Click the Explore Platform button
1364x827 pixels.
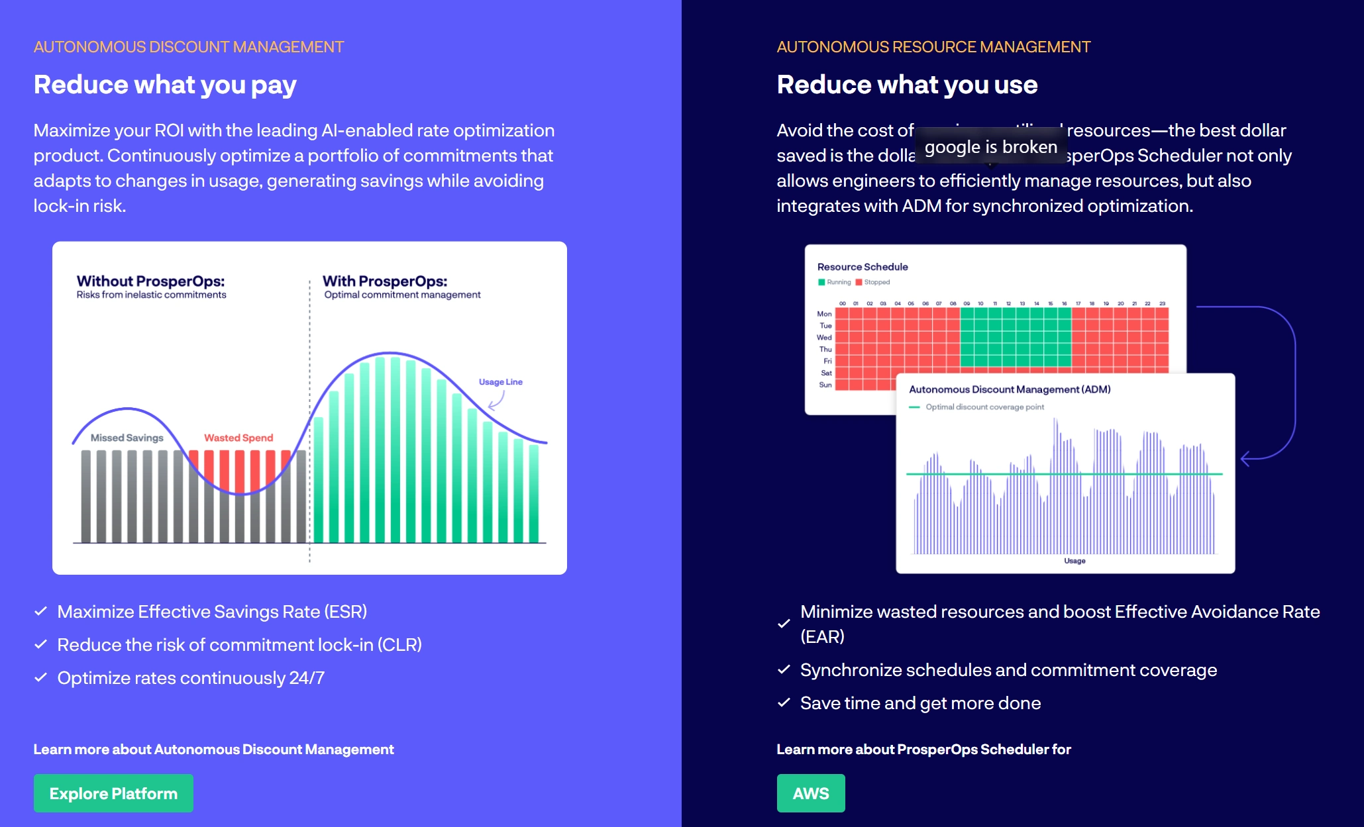[113, 793]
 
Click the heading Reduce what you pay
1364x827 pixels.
[165, 85]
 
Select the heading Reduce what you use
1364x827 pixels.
[907, 85]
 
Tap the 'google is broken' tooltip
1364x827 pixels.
[990, 147]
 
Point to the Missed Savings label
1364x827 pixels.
[127, 438]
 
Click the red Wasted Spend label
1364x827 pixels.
[238, 438]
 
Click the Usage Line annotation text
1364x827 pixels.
[500, 382]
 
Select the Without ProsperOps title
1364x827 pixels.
[150, 281]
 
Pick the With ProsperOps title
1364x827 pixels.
[385, 281]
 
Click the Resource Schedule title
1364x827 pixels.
[863, 267]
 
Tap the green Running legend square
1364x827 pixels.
[821, 282]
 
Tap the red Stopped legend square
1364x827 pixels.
[859, 282]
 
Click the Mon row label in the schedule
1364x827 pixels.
[824, 314]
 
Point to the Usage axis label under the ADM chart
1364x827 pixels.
[1075, 561]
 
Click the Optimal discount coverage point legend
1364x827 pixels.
[984, 407]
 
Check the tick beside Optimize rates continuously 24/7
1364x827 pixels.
[40, 677]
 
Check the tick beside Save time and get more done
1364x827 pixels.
[784, 703]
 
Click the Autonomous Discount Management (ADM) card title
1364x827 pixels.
[1010, 389]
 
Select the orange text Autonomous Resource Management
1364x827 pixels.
[933, 47]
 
